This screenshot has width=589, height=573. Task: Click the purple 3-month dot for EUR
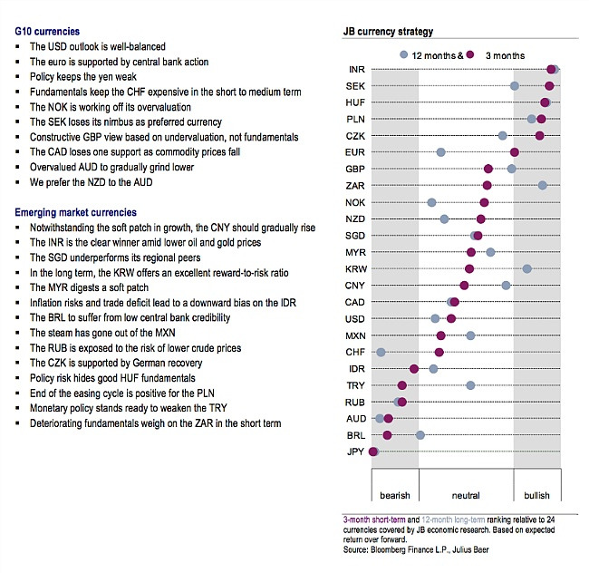[x=515, y=152]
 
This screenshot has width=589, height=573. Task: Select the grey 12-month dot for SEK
[x=515, y=86]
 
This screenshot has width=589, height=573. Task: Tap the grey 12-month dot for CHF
[x=381, y=352]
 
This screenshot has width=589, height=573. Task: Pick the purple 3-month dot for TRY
[x=402, y=385]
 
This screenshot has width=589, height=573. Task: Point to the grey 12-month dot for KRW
[x=527, y=268]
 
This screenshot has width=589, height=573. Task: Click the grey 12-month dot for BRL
[x=420, y=435]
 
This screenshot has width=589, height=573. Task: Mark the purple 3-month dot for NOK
[x=484, y=202]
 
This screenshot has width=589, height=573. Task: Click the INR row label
[x=356, y=70]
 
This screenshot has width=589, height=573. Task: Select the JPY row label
[x=355, y=452]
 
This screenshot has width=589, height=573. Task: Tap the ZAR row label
[x=355, y=186]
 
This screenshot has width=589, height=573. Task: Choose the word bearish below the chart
[x=395, y=495]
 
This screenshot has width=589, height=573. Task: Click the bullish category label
[x=536, y=495]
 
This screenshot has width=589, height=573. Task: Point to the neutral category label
[x=466, y=495]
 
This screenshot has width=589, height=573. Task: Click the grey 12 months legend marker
[x=404, y=55]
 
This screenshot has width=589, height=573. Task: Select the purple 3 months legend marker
[x=470, y=55]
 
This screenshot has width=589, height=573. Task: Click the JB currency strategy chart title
[x=388, y=31]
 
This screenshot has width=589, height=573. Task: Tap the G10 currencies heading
[x=47, y=31]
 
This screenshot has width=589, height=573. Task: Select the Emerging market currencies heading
[x=75, y=212]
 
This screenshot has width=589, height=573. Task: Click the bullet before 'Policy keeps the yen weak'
[x=17, y=77]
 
